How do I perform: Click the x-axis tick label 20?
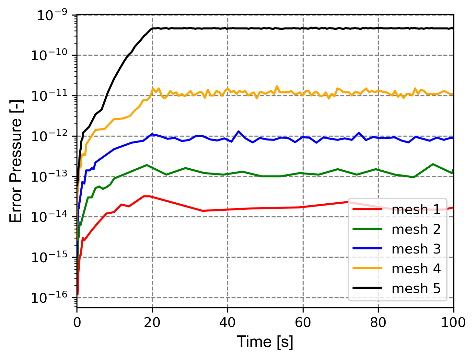pos(152,323)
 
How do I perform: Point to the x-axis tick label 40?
pos(227,323)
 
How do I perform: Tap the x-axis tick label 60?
pos(303,323)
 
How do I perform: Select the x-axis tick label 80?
pos(378,323)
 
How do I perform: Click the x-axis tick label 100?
pos(453,323)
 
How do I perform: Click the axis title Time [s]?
pos(265,342)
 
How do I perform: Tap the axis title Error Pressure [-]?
pos(16,161)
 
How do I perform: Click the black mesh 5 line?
pos(259,28)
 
